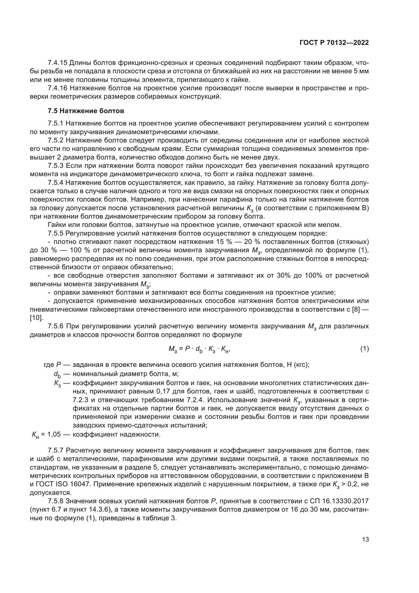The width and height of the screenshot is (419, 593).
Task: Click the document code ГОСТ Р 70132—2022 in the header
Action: (x=334, y=43)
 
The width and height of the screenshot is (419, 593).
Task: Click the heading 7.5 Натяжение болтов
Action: (x=86, y=111)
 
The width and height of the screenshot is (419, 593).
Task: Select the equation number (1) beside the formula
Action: (x=364, y=349)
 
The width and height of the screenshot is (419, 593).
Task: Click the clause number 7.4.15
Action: (x=58, y=63)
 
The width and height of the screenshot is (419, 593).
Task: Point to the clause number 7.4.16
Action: (x=58, y=88)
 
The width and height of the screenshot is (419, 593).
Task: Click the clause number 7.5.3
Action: (x=55, y=166)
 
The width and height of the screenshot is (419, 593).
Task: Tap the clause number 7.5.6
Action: (x=55, y=326)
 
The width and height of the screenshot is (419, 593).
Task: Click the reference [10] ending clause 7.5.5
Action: (x=36, y=318)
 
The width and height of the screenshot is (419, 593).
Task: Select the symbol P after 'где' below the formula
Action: (x=58, y=365)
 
